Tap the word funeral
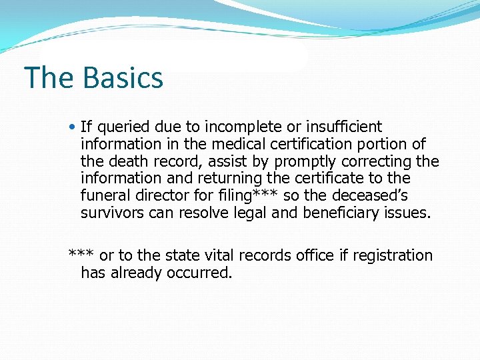(x=104, y=196)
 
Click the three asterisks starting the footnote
(x=81, y=255)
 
